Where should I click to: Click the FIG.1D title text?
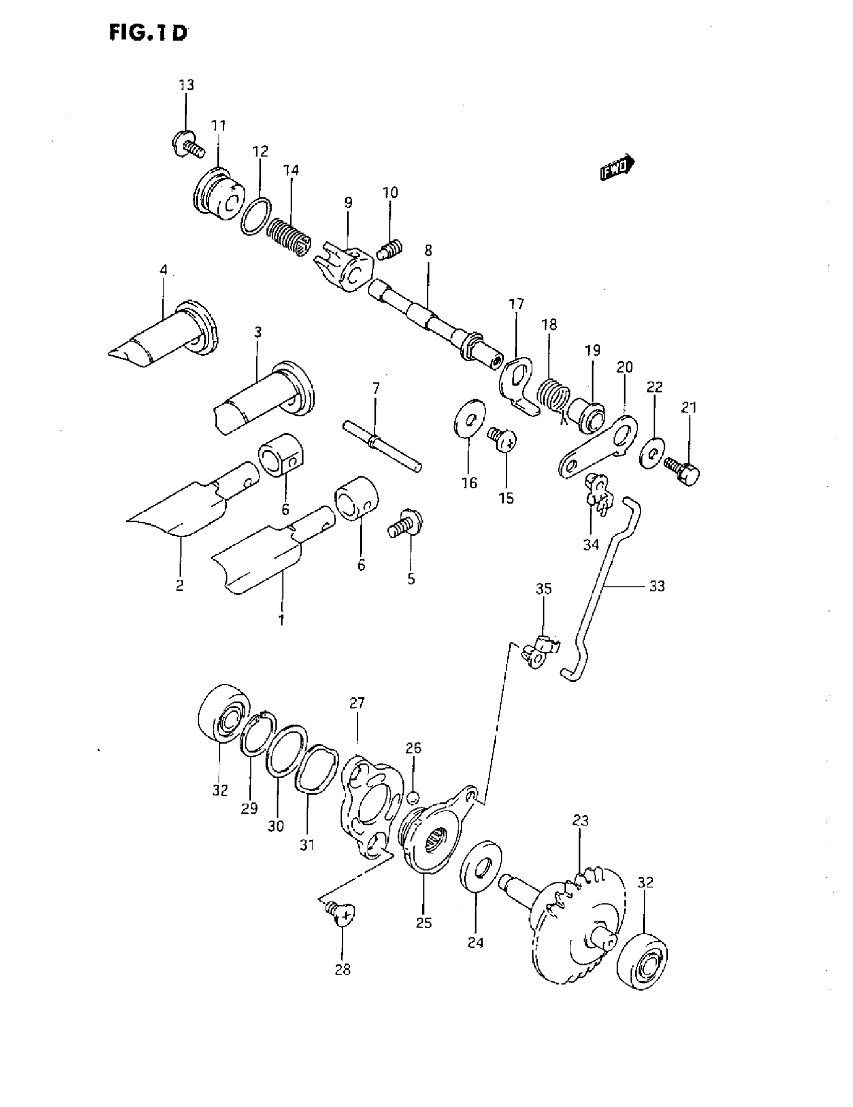148,33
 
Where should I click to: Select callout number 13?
186,85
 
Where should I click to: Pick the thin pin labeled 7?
382,445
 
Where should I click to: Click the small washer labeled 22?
653,452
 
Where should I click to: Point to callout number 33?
657,586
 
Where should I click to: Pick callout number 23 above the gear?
581,820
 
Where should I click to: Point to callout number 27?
357,703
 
